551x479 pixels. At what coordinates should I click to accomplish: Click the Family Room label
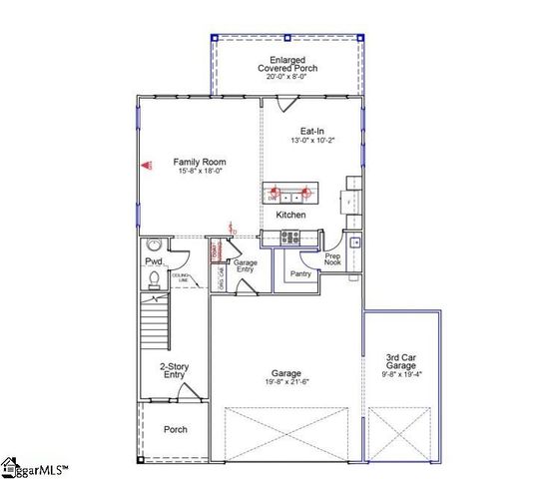(x=200, y=162)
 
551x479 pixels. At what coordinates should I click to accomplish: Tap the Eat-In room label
(x=312, y=132)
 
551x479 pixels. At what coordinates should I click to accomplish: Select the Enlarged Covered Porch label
(x=287, y=64)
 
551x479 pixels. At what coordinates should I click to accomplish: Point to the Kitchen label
(x=290, y=216)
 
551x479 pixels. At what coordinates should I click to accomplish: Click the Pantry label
(x=300, y=273)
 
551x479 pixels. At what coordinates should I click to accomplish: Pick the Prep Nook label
(x=332, y=259)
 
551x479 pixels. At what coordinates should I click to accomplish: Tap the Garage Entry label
(x=246, y=265)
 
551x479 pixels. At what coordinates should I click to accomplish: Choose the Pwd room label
(x=152, y=261)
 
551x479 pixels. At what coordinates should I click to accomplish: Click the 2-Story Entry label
(x=173, y=370)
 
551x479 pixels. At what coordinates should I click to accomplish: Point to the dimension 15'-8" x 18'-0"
(x=200, y=172)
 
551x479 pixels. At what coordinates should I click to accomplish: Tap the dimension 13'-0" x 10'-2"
(x=312, y=141)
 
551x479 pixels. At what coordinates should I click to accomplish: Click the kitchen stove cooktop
(x=290, y=237)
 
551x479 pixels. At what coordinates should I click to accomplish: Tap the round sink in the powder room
(x=154, y=245)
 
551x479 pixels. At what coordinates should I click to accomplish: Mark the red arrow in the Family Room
(x=144, y=167)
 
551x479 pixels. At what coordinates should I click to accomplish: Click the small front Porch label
(x=175, y=430)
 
